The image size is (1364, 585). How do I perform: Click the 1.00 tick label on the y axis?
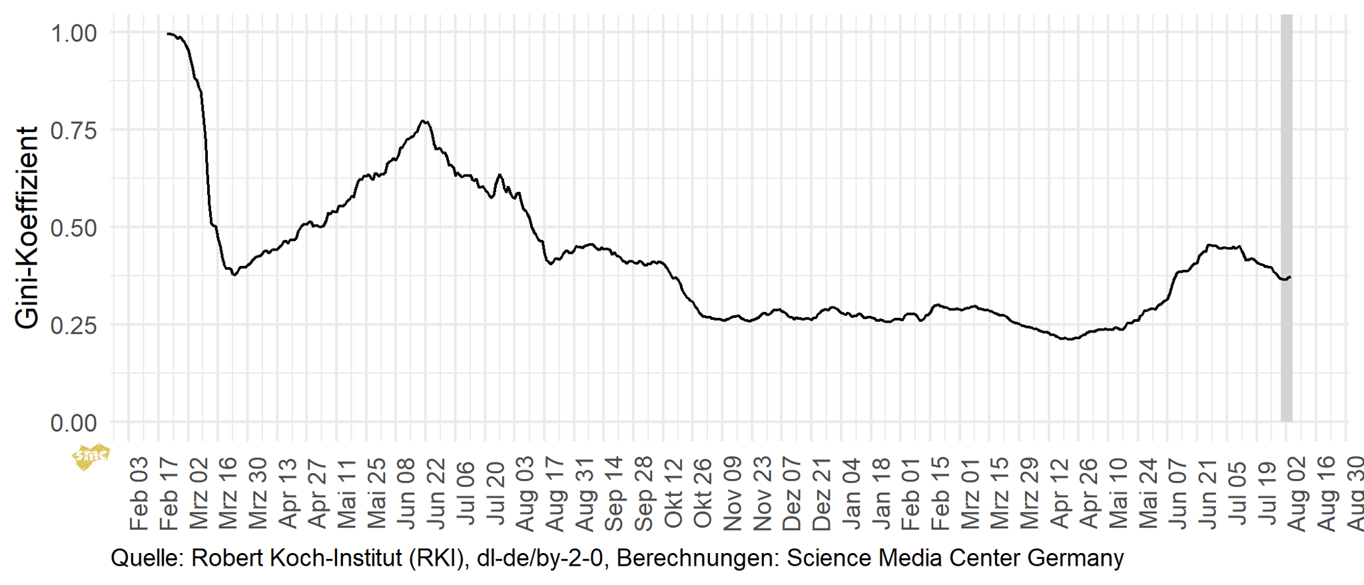tap(74, 33)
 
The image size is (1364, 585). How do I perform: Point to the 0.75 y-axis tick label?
tap(74, 131)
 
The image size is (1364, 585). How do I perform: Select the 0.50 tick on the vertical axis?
tap(74, 228)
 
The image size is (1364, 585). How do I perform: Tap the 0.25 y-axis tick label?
tap(74, 325)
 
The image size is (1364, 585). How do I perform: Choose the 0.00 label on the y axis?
tap(74, 422)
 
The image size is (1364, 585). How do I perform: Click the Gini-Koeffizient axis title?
tap(27, 228)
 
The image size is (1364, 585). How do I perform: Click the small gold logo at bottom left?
tap(90, 456)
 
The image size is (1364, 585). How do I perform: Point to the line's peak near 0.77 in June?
tap(424, 121)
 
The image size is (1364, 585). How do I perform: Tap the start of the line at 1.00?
tap(169, 33)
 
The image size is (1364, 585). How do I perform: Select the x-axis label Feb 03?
tap(139, 494)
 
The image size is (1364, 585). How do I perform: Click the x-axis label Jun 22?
tap(436, 494)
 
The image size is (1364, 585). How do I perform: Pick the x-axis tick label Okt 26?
tap(703, 494)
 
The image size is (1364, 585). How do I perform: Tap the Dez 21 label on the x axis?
tap(821, 494)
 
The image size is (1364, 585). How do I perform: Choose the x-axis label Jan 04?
tap(851, 494)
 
